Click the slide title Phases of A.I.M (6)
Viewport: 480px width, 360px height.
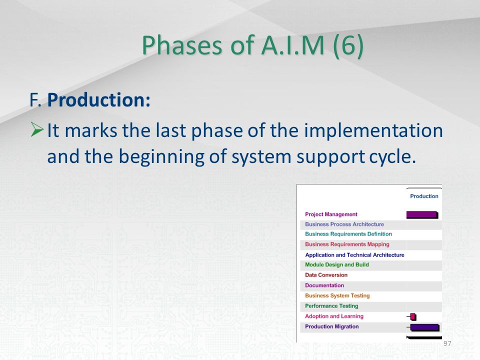(x=252, y=45)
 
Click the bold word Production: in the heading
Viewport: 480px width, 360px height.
(x=99, y=100)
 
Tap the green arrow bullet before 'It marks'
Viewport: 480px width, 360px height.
(x=37, y=129)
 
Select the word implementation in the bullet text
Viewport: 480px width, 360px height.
(x=373, y=130)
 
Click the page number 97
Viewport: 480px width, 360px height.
(x=447, y=343)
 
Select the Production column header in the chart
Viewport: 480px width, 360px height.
(x=424, y=196)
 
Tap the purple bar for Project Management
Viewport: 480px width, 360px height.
(x=422, y=214)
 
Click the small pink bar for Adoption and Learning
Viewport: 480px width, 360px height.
(x=413, y=316)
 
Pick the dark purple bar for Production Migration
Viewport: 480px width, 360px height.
(x=424, y=327)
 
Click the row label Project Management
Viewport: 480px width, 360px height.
(x=331, y=214)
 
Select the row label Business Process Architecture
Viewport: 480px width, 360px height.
(x=344, y=224)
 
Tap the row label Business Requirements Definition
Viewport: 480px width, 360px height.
(x=348, y=234)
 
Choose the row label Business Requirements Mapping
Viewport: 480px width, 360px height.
(x=347, y=244)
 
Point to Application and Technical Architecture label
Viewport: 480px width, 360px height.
(x=354, y=255)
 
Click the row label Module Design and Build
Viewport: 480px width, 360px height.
(x=336, y=265)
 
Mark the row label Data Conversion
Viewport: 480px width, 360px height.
(x=326, y=275)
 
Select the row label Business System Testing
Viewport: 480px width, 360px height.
(x=337, y=295)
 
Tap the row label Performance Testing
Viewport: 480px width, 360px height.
(x=331, y=306)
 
